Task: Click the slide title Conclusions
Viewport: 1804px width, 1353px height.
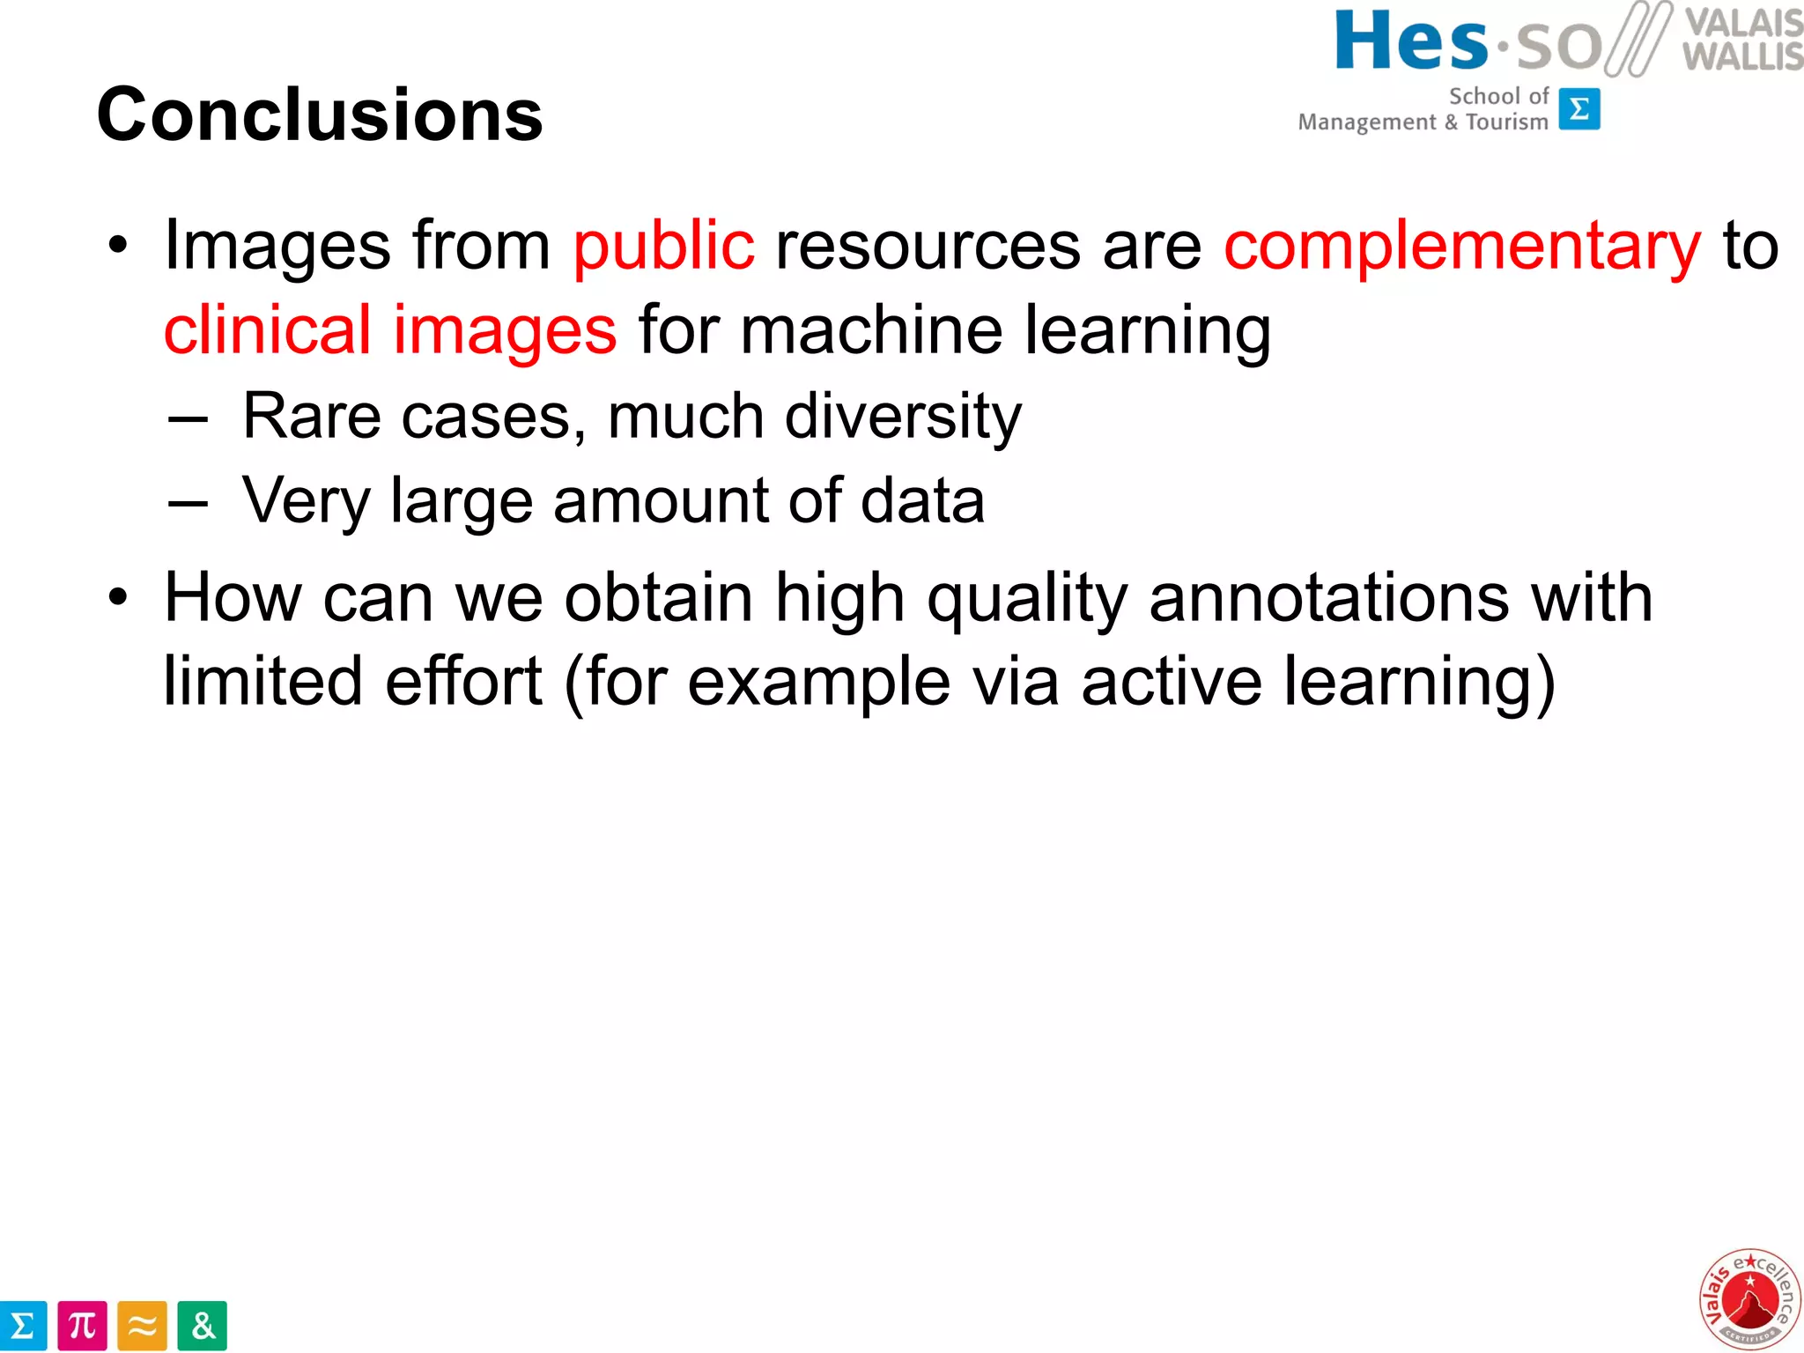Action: pyautogui.click(x=320, y=115)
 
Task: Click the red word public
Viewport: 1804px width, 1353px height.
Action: pyautogui.click(x=663, y=246)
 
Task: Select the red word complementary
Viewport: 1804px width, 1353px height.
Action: pyautogui.click(x=1462, y=247)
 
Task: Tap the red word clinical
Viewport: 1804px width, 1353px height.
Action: pyautogui.click(x=267, y=329)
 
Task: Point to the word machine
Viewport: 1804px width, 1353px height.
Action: pyautogui.click(x=871, y=329)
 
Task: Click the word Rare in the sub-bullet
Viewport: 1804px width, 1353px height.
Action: pyautogui.click(x=312, y=416)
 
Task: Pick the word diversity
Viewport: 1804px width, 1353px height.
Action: pyautogui.click(x=903, y=416)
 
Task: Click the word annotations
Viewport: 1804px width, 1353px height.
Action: pyautogui.click(x=1329, y=597)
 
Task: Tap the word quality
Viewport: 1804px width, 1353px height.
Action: pyautogui.click(x=1027, y=599)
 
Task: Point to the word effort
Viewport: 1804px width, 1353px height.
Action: pyautogui.click(x=463, y=681)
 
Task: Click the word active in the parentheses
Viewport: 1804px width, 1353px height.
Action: pyautogui.click(x=1172, y=681)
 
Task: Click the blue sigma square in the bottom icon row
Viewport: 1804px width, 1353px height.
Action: pyautogui.click(x=23, y=1326)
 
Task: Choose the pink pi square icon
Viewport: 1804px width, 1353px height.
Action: pyautogui.click(x=82, y=1326)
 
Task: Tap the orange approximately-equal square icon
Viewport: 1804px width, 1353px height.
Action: pyautogui.click(x=142, y=1326)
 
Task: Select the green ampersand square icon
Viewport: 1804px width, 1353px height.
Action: pyautogui.click(x=202, y=1326)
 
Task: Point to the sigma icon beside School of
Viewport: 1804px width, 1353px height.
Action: pyautogui.click(x=1579, y=109)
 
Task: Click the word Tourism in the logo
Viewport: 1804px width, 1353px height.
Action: pyautogui.click(x=1506, y=122)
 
